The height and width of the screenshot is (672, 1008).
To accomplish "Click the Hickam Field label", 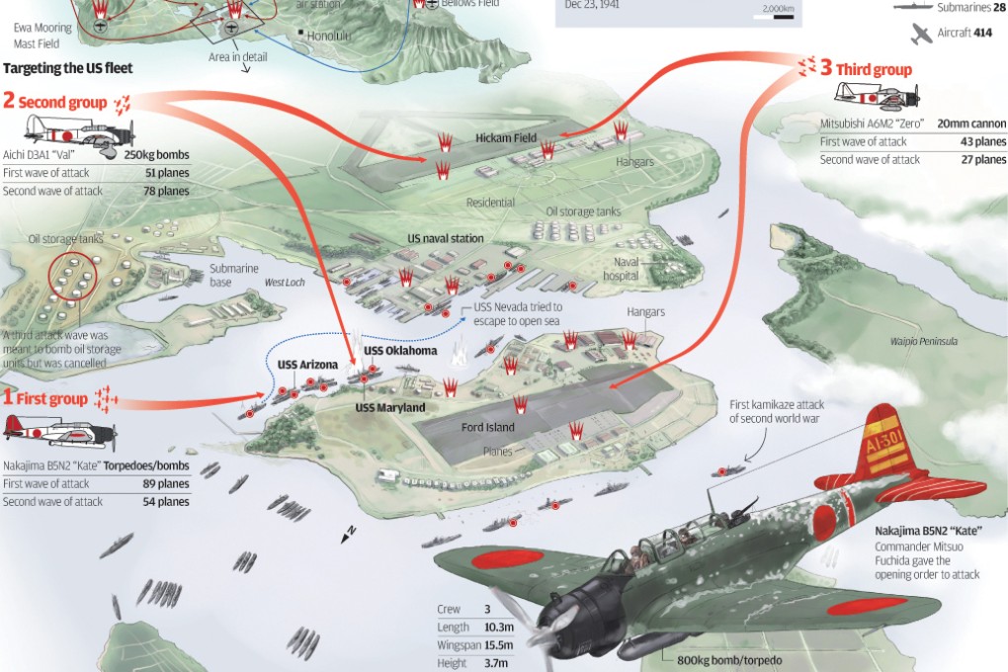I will (506, 138).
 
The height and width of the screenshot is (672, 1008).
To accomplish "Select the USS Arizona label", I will (308, 365).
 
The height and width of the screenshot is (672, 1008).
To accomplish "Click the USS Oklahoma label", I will (400, 351).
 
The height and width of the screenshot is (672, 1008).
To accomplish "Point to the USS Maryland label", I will (390, 407).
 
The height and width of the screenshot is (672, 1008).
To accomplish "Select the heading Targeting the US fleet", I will (68, 69).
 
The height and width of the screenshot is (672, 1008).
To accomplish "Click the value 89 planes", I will (165, 483).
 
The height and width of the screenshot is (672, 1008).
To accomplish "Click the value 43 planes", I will (983, 141).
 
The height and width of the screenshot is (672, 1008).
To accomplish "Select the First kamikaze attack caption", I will (777, 411).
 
